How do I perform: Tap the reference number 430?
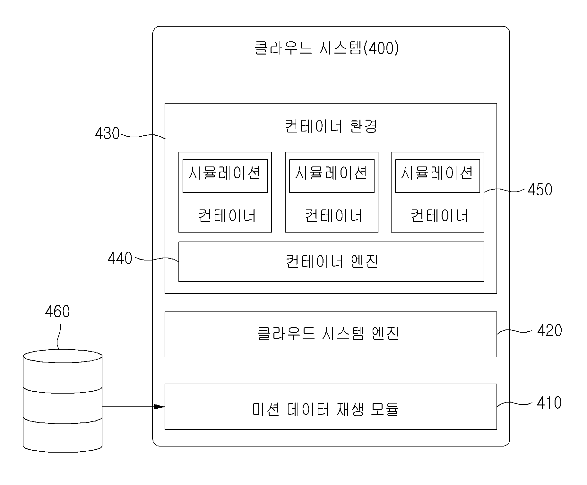(x=107, y=133)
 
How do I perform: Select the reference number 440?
(x=120, y=258)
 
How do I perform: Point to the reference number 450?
(x=540, y=190)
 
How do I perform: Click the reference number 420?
(x=549, y=330)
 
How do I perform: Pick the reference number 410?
(x=549, y=403)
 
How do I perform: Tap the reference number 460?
(x=57, y=311)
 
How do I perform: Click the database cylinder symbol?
(x=63, y=401)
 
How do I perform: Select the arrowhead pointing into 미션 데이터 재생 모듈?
(x=160, y=407)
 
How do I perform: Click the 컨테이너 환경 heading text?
(x=331, y=126)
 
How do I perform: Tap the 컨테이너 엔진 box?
(x=331, y=262)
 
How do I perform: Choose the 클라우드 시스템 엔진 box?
(x=331, y=334)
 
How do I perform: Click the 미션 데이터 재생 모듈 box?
(x=331, y=407)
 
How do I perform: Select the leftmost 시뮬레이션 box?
(x=225, y=176)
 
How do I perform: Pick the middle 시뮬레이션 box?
(x=332, y=176)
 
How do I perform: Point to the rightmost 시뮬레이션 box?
(x=437, y=176)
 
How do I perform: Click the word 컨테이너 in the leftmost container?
(x=227, y=216)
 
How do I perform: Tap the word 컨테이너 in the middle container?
(x=333, y=216)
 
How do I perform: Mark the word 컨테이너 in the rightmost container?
(x=439, y=216)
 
